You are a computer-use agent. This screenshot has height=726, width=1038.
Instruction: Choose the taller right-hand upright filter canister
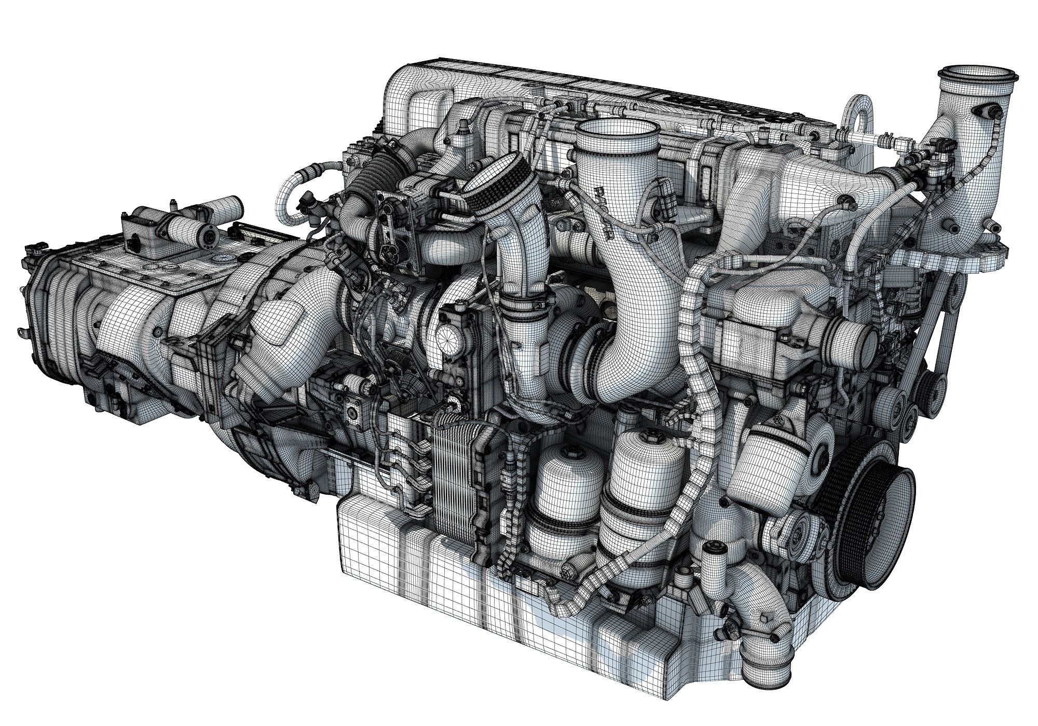pos(641,477)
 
